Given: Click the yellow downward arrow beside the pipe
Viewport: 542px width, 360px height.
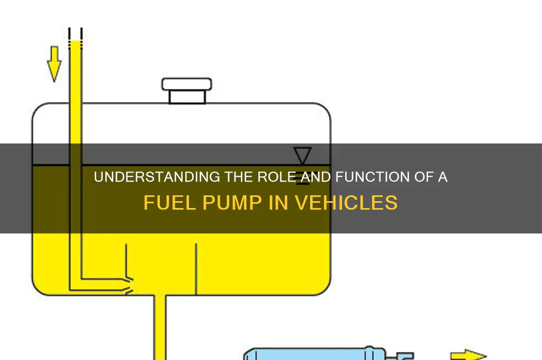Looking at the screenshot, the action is (55, 64).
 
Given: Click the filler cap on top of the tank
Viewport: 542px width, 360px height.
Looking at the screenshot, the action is (187, 91).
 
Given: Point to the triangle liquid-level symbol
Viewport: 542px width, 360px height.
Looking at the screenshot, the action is (302, 155).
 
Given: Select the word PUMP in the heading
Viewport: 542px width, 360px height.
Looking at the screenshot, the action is (232, 203).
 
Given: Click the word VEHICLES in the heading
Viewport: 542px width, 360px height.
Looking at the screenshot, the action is (346, 203).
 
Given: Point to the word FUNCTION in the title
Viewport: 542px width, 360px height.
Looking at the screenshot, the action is (373, 177).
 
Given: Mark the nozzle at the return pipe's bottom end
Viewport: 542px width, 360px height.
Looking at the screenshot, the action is (128, 285).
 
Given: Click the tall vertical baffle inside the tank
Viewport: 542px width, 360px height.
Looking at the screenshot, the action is (196, 269).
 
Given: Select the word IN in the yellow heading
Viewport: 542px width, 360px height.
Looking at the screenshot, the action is (278, 203).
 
